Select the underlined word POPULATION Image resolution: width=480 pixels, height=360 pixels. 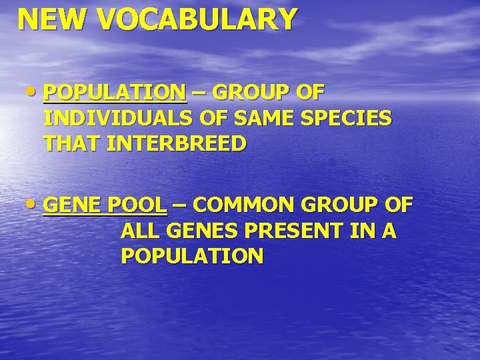click(115, 92)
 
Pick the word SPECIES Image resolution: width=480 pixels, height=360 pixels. click(346, 118)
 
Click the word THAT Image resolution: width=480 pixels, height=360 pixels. click(73, 144)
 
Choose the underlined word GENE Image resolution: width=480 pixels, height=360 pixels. click(71, 204)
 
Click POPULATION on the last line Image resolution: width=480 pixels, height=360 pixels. click(192, 256)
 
